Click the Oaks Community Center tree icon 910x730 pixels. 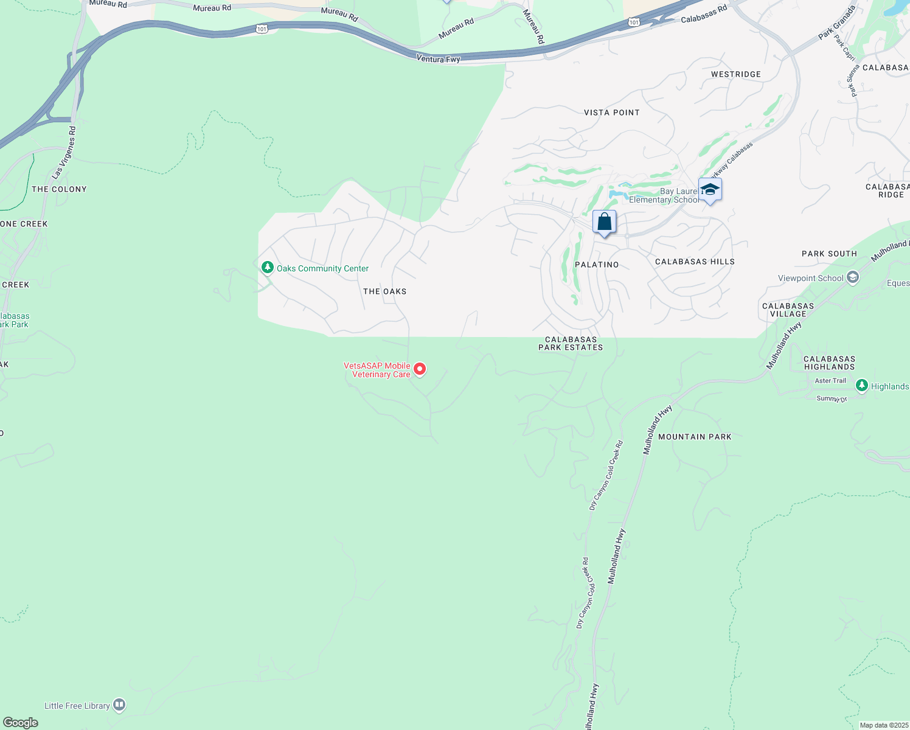click(x=267, y=268)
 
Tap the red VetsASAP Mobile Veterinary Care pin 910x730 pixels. click(x=420, y=369)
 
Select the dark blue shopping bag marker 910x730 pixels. click(x=604, y=222)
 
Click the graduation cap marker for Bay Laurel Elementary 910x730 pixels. click(x=710, y=190)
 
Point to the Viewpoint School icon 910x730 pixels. click(x=853, y=277)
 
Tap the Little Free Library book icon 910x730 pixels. click(x=119, y=705)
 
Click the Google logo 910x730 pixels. click(x=21, y=723)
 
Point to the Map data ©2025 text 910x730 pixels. click(x=884, y=725)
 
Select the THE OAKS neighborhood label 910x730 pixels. click(x=385, y=291)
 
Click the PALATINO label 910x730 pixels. click(x=597, y=265)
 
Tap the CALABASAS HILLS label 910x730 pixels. click(x=695, y=262)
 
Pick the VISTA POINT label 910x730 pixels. click(x=611, y=113)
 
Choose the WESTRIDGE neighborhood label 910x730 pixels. click(x=736, y=74)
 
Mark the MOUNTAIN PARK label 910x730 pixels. click(x=695, y=437)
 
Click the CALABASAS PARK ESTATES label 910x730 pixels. click(x=571, y=344)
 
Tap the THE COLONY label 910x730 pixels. click(x=59, y=189)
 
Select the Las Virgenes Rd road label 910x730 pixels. click(x=64, y=153)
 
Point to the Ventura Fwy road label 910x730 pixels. click(x=438, y=59)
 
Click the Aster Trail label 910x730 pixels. click(x=830, y=381)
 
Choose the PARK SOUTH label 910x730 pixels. click(x=829, y=254)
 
